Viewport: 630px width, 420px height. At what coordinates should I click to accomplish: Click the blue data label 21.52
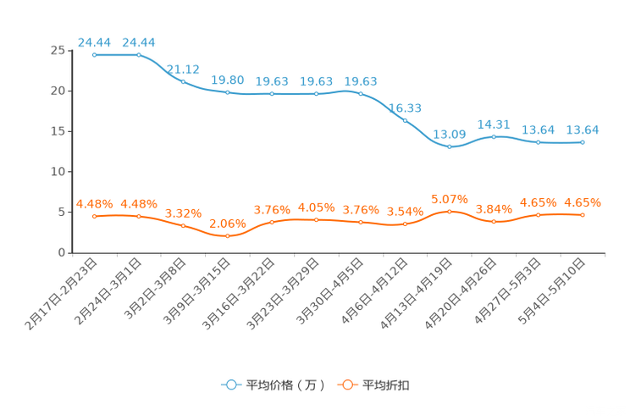pyautogui.click(x=183, y=69)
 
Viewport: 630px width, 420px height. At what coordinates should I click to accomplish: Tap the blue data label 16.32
pyautogui.click(x=405, y=108)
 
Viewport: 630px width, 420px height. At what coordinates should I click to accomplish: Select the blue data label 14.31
pyautogui.click(x=494, y=124)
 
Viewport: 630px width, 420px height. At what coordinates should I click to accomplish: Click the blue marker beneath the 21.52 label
pyautogui.click(x=183, y=81)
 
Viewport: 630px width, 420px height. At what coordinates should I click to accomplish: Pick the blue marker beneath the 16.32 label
pyautogui.click(x=405, y=120)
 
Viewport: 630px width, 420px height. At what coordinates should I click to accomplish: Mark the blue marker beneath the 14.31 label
pyautogui.click(x=494, y=136)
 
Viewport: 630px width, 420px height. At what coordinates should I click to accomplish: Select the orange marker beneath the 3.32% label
pyautogui.click(x=183, y=226)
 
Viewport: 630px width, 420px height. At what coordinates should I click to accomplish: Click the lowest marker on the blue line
pyautogui.click(x=450, y=147)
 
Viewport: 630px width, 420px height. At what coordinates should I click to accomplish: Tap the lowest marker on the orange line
pyautogui.click(x=227, y=237)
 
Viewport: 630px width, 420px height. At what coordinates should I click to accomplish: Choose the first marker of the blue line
pyautogui.click(x=95, y=55)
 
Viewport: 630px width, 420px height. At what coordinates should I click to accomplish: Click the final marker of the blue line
pyautogui.click(x=583, y=142)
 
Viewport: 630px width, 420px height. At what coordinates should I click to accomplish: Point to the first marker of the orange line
pyautogui.click(x=95, y=217)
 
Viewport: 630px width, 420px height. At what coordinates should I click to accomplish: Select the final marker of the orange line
pyautogui.click(x=583, y=215)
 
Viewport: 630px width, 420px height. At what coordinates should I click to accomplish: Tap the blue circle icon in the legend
pyautogui.click(x=231, y=384)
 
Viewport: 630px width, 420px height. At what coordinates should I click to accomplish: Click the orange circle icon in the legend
pyautogui.click(x=347, y=384)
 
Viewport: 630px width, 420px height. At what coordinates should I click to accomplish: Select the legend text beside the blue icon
pyautogui.click(x=285, y=385)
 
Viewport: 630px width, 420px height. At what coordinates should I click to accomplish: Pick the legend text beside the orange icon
pyautogui.click(x=387, y=385)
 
